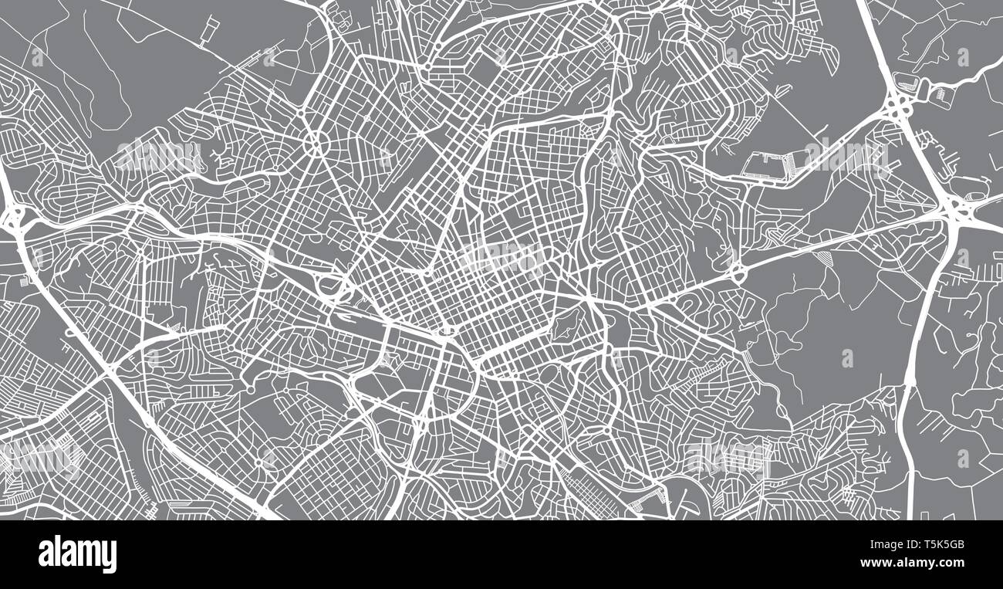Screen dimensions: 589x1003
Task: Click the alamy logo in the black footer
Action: pos(77,554)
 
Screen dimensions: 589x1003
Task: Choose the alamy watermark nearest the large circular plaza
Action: pos(158,154)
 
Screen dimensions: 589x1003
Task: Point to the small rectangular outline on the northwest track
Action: pos(209,32)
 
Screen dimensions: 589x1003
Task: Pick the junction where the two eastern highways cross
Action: pos(957,208)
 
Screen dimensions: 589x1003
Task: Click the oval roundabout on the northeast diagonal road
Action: pos(737,272)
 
